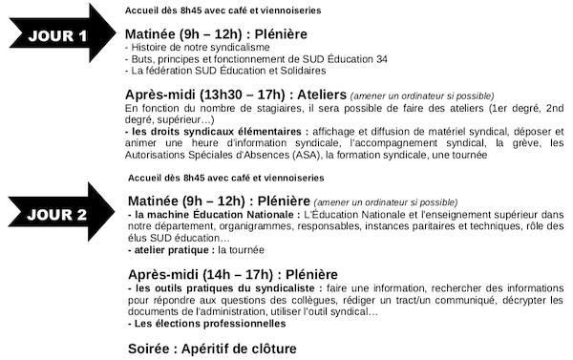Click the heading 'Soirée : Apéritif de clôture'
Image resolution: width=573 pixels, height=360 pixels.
point(212,349)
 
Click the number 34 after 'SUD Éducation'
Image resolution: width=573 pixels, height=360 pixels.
point(381,58)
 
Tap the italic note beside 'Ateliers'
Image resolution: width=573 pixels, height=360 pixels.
point(421,95)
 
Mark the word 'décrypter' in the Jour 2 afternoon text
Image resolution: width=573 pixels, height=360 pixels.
point(514,300)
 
